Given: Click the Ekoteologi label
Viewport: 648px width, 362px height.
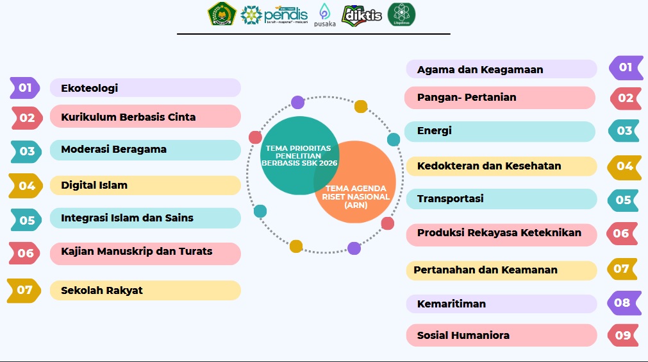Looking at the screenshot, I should pos(90,88).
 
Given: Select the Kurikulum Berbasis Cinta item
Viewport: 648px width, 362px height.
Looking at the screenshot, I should pos(128,117).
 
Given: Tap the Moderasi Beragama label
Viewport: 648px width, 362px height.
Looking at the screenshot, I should pos(113,150).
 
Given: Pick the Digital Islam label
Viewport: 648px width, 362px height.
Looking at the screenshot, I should pos(94,185).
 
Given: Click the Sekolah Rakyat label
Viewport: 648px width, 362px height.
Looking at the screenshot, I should pos(102,290).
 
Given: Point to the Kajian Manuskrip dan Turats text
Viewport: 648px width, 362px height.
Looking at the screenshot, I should pos(137,251).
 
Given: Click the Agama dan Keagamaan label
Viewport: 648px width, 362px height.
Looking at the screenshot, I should pos(480,69).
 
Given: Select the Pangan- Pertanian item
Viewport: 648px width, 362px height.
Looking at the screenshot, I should pos(467,98).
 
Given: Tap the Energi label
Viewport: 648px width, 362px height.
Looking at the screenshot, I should pos(435,131).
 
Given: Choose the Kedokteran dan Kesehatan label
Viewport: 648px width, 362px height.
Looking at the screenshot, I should pos(489,166).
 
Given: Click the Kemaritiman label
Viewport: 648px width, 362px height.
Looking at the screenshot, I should pos(451,304).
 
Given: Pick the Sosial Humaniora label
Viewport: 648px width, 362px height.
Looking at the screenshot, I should pos(463,335).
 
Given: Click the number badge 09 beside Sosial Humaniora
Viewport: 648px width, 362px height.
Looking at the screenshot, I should pos(623,335).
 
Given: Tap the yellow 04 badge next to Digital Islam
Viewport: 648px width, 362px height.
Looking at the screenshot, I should pos(26,185).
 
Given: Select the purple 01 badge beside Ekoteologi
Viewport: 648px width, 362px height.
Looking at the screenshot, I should pos(25,88).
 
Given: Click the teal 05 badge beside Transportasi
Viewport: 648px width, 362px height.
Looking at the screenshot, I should pos(623,200).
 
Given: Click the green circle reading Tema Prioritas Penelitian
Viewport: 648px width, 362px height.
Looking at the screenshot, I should pos(299,155).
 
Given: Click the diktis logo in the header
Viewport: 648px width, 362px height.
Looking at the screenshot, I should pos(362,15).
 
